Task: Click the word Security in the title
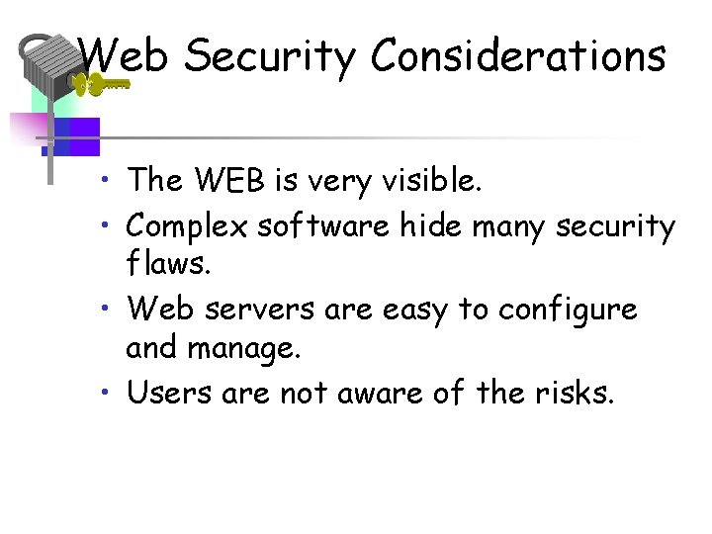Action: pos(268,57)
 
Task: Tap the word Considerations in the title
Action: pos(518,55)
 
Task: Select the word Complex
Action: pos(187,227)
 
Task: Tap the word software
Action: pos(323,226)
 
